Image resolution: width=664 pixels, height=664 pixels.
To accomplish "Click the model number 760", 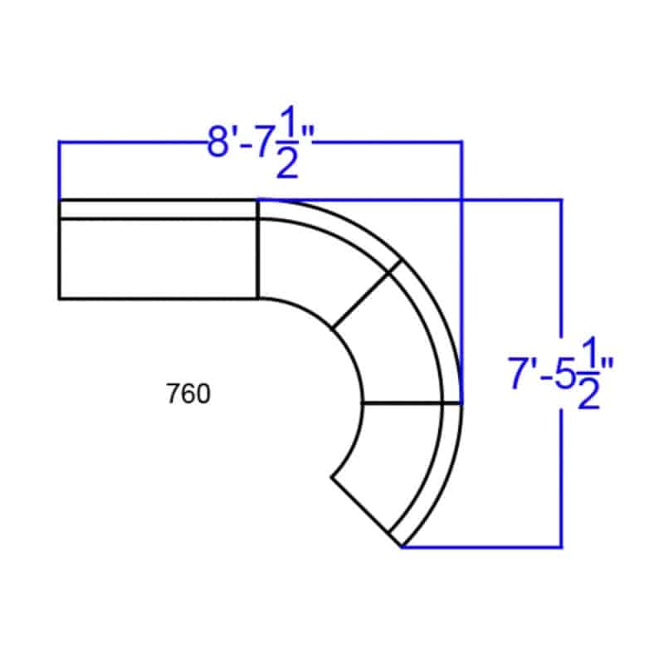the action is coord(188,393).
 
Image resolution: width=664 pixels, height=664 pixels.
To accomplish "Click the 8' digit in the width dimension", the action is coord(222,142).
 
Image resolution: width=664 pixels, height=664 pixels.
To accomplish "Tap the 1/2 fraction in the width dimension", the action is coord(287,142).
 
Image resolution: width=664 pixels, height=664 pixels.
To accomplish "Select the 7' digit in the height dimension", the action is coord(522,373).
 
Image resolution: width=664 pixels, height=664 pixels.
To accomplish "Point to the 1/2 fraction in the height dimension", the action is coord(588,373).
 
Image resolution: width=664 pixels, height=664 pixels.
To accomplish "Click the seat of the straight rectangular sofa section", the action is coord(159,259).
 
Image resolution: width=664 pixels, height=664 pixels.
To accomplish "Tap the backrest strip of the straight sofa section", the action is coord(159,209).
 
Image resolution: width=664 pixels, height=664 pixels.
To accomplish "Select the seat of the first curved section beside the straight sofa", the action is coord(314,266).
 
